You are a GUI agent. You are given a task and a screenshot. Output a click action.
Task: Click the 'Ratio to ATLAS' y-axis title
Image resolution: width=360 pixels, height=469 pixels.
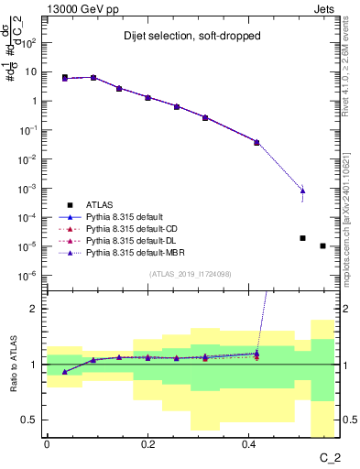(x=13, y=364)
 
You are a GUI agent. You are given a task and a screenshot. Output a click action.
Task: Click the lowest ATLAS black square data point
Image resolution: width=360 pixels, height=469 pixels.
(x=322, y=245)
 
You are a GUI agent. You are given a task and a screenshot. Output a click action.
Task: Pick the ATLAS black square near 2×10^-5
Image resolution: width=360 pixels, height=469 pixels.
(x=302, y=238)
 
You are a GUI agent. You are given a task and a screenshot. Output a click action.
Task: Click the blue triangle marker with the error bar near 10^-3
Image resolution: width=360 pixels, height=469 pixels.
(x=302, y=190)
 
